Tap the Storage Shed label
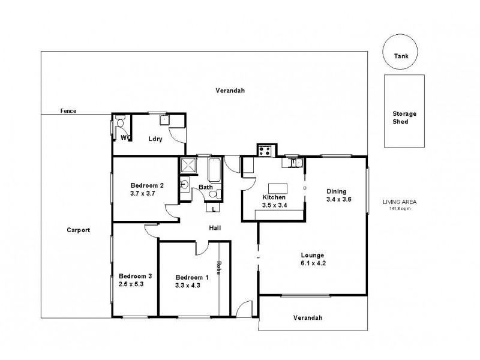(x=404, y=118)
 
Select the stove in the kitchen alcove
(x=265, y=151)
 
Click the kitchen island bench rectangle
(x=278, y=188)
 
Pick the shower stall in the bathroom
(x=188, y=166)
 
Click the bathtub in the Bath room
(x=214, y=170)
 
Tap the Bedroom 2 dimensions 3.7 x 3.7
(x=143, y=193)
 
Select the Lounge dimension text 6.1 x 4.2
(x=313, y=263)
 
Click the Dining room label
(x=337, y=191)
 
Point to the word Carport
(x=79, y=230)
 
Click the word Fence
(x=68, y=111)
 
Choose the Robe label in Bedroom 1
(x=218, y=268)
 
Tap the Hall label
(x=215, y=228)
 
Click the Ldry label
(x=155, y=139)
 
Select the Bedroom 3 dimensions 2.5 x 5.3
(x=131, y=284)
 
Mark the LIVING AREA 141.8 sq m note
(x=400, y=205)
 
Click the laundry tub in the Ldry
(x=164, y=120)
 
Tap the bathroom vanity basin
(x=185, y=184)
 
